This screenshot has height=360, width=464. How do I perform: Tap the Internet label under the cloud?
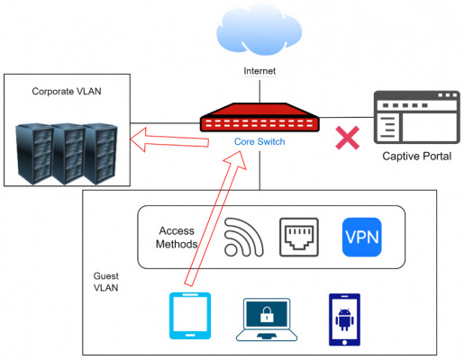coord(259,71)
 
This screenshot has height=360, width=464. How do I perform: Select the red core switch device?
coord(259,117)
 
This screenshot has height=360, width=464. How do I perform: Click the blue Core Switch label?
coord(259,141)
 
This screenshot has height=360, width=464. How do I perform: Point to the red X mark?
coord(348,138)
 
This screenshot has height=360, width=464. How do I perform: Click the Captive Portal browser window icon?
coord(417,117)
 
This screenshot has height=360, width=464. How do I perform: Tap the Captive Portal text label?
coord(417,157)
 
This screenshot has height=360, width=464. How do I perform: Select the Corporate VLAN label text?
coord(67,91)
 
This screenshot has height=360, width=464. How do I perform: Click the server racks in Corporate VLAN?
coord(67,154)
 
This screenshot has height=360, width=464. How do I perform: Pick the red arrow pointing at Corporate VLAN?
coord(169,140)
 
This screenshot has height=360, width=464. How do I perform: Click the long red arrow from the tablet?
coord(215,218)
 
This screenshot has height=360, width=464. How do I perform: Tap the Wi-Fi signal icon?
coord(244,238)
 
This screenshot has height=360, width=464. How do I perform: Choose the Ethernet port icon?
coord(299,238)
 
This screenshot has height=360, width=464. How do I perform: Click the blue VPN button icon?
coord(362,238)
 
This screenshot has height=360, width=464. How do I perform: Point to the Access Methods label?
coord(177,238)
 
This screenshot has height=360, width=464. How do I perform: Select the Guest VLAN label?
coord(105,282)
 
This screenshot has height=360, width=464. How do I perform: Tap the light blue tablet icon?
coord(190,316)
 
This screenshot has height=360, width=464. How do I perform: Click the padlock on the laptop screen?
coord(267,314)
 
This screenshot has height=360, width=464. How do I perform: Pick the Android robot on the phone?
coord(344,319)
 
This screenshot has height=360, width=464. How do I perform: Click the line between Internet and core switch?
coord(259,92)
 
